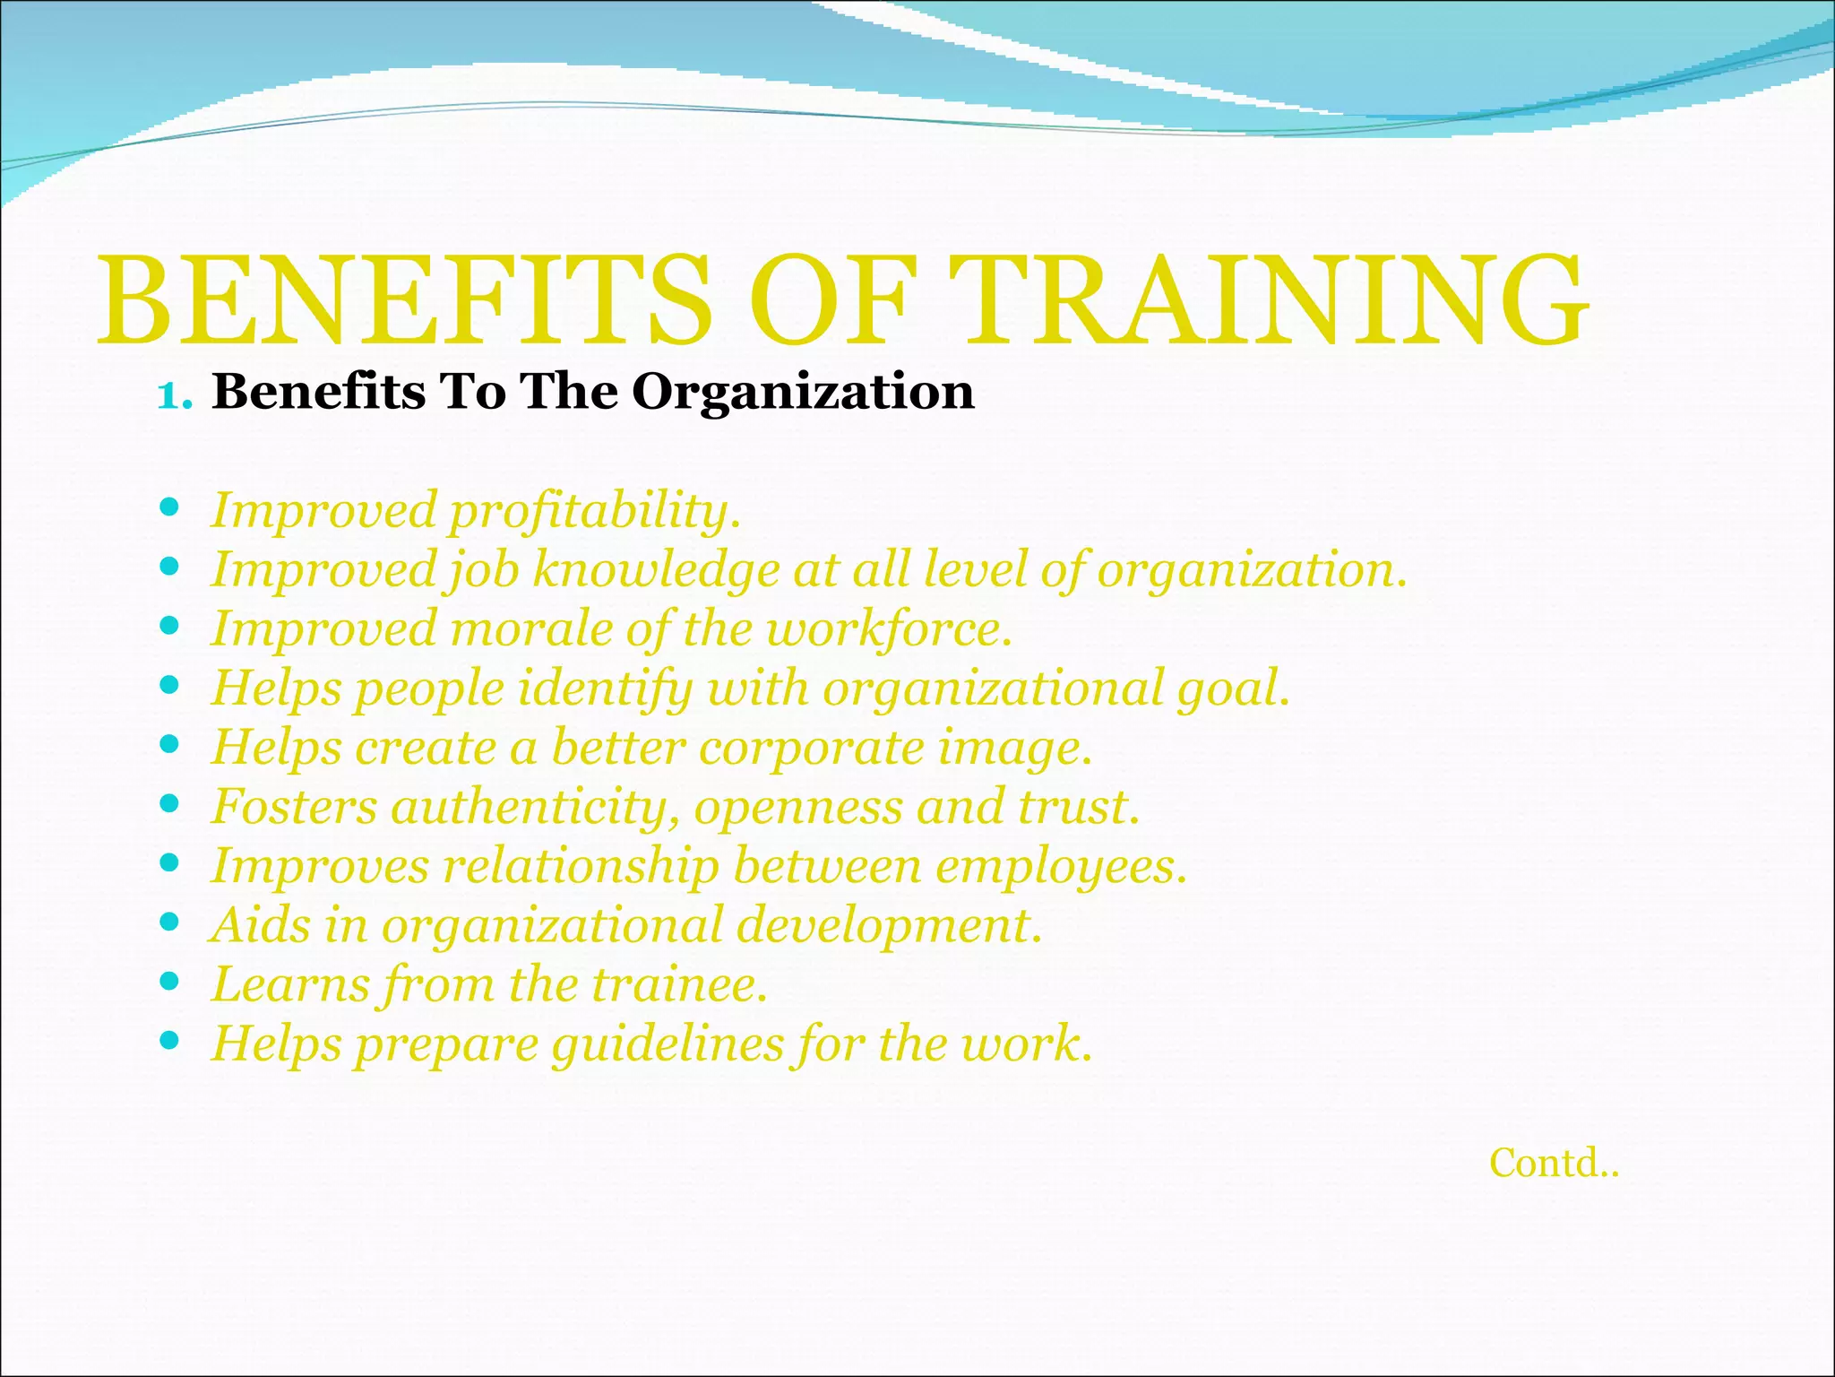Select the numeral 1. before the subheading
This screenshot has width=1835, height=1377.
pyautogui.click(x=175, y=394)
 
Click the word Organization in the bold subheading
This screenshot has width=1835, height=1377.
pyautogui.click(x=803, y=393)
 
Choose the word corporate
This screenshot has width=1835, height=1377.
pyautogui.click(x=810, y=749)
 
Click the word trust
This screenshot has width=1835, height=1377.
pyautogui.click(x=1079, y=807)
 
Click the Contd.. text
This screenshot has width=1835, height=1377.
pyautogui.click(x=1554, y=1164)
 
